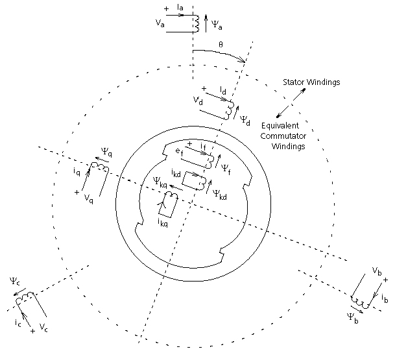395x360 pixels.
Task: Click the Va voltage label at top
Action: coord(160,23)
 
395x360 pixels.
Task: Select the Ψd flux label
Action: coord(245,119)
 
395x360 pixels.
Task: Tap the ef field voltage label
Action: coord(178,151)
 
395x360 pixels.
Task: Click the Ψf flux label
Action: coord(225,167)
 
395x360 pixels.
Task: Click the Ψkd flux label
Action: coord(221,193)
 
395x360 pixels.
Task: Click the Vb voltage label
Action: coord(376,269)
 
